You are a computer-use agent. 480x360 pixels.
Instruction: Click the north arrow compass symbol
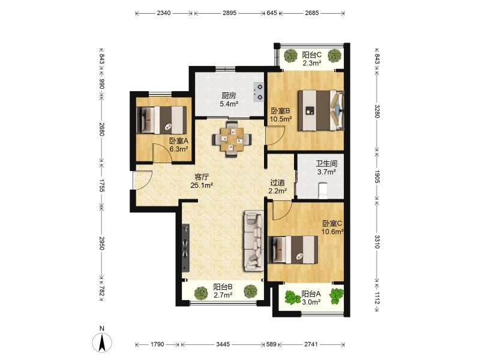pyautogui.click(x=102, y=342)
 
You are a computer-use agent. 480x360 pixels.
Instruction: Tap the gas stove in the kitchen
pyautogui.click(x=259, y=92)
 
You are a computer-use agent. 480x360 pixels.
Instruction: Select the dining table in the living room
pyautogui.click(x=232, y=139)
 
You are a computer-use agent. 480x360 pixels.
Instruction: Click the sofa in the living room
pyautogui.click(x=254, y=241)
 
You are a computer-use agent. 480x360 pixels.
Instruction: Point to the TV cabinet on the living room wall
pyautogui.click(x=185, y=248)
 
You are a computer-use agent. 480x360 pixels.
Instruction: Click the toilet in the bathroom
pyautogui.click(x=323, y=190)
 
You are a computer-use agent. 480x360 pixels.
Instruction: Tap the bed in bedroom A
pyautogui.click(x=161, y=120)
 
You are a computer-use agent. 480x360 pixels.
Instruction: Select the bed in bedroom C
pyautogui.click(x=293, y=250)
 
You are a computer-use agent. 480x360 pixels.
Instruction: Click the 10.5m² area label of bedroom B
pyautogui.click(x=280, y=119)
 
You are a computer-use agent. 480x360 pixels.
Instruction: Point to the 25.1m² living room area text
pyautogui.click(x=202, y=185)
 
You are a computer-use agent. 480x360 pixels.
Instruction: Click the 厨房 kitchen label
pyautogui.click(x=229, y=95)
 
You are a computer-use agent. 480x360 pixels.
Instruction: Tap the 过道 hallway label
pyautogui.click(x=277, y=183)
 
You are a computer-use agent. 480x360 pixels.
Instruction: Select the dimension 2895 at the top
pyautogui.click(x=230, y=13)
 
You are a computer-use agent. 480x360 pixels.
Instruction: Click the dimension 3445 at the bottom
pyautogui.click(x=223, y=344)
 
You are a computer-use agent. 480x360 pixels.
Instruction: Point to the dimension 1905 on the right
pyautogui.click(x=377, y=176)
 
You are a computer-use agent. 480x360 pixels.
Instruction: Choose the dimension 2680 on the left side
pyautogui.click(x=102, y=129)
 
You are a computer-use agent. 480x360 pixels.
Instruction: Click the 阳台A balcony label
pyautogui.click(x=311, y=294)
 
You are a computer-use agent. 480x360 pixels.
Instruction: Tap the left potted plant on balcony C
pyautogui.click(x=290, y=56)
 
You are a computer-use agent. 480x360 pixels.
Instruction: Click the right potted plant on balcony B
pyautogui.click(x=250, y=291)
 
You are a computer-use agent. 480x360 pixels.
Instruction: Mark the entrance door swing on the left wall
pyautogui.click(x=143, y=180)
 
